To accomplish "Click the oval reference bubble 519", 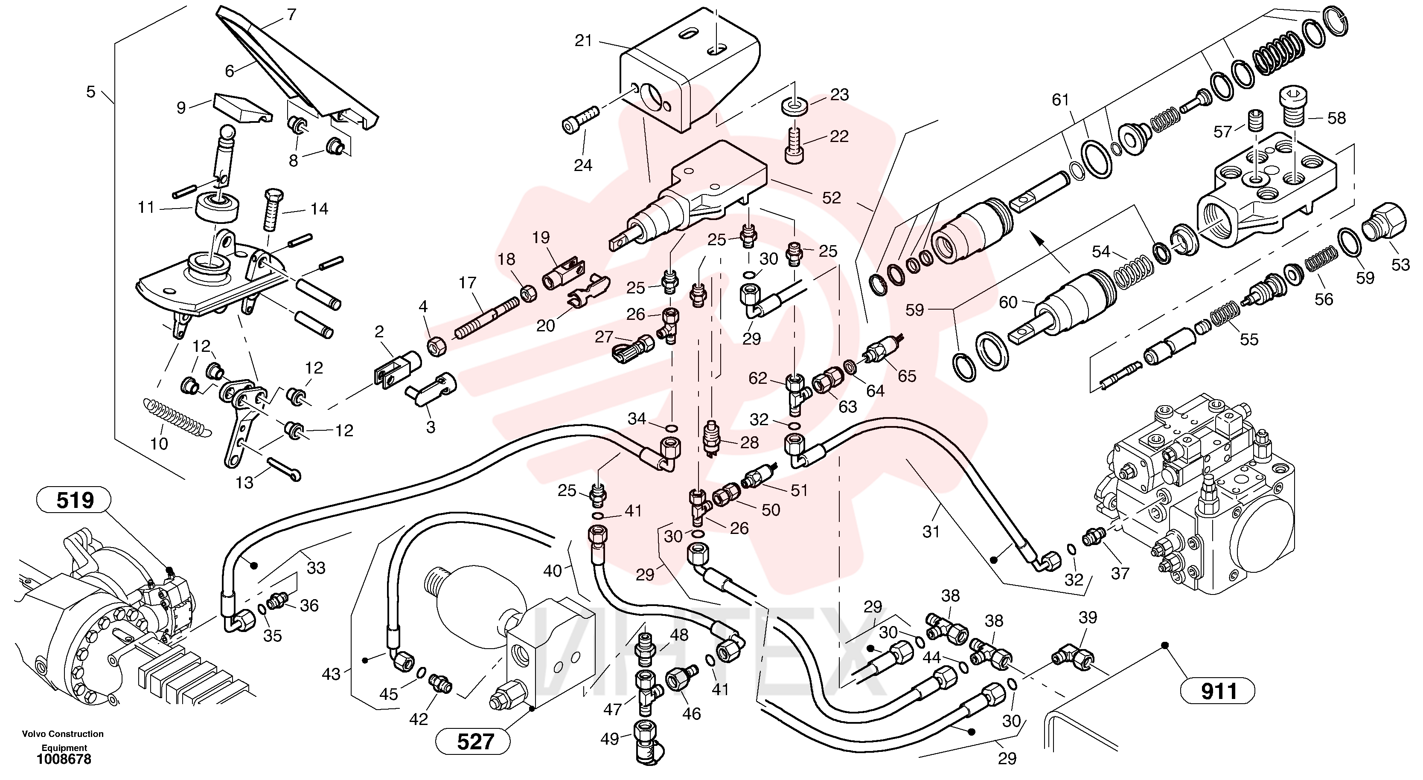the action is pyautogui.click(x=73, y=501).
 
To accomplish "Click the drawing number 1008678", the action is pyautogui.click(x=64, y=760).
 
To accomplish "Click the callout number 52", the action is pyautogui.click(x=831, y=197).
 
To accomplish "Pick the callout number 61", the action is pyautogui.click(x=1060, y=100).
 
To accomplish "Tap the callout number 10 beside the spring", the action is pyautogui.click(x=159, y=443).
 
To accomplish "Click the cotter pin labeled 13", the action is pyautogui.click(x=284, y=468).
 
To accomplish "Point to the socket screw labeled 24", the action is pyautogui.click(x=580, y=119).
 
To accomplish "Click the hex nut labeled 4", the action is pyautogui.click(x=437, y=347).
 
